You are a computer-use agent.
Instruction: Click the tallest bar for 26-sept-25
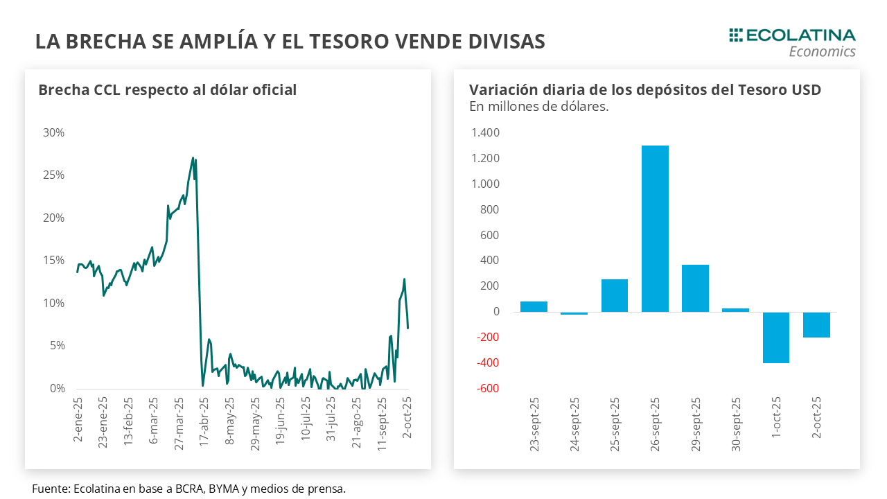(x=655, y=229)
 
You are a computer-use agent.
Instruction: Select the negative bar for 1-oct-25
(x=776, y=338)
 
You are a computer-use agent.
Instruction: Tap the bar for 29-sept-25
(x=695, y=288)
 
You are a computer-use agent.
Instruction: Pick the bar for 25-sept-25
(x=615, y=296)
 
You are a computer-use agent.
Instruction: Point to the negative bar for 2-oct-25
(x=816, y=325)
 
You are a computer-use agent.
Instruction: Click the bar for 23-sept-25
(x=534, y=307)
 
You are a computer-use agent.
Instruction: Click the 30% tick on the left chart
(x=53, y=132)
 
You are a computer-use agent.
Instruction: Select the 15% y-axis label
(x=53, y=261)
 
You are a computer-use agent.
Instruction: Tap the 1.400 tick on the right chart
(x=485, y=132)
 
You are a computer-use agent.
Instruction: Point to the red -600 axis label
(x=486, y=389)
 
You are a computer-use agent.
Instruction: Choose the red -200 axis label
(x=486, y=338)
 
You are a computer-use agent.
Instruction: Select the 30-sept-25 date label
(x=736, y=424)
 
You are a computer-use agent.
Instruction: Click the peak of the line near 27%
(x=193, y=158)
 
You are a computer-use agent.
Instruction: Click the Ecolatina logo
(x=792, y=42)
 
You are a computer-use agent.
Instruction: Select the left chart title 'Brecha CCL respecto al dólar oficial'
(x=167, y=90)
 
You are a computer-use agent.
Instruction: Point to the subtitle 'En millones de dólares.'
(x=538, y=107)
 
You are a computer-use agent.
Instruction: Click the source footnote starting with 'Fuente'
(x=188, y=489)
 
